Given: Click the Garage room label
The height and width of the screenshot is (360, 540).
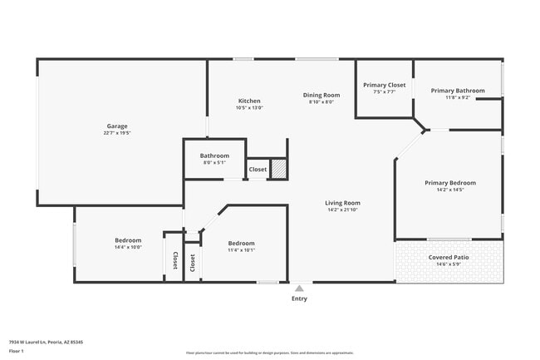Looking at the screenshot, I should (x=116, y=126).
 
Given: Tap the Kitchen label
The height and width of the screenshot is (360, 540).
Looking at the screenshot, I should (x=248, y=101).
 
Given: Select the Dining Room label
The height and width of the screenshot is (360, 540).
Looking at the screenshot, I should (x=321, y=95).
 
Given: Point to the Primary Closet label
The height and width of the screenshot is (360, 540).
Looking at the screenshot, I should (x=385, y=85).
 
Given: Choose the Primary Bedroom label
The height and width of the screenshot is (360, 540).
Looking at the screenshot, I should (x=450, y=183).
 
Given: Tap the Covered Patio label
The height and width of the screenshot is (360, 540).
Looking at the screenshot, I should (x=449, y=257).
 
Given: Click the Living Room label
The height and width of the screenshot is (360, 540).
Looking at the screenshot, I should (x=342, y=203).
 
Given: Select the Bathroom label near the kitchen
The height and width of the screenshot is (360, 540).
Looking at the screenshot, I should (x=214, y=155).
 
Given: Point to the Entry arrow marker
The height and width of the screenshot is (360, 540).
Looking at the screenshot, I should (x=299, y=288).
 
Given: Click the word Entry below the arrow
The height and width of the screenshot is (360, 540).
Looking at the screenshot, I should (x=299, y=298).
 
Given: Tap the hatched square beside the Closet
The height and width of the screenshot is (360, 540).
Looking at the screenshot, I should (x=279, y=168).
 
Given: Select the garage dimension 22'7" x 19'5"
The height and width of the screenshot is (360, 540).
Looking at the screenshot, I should (x=116, y=133).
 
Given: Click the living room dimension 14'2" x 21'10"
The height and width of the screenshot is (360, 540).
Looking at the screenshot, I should (x=342, y=210).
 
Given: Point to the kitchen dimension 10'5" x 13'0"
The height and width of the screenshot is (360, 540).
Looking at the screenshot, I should (x=248, y=108).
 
